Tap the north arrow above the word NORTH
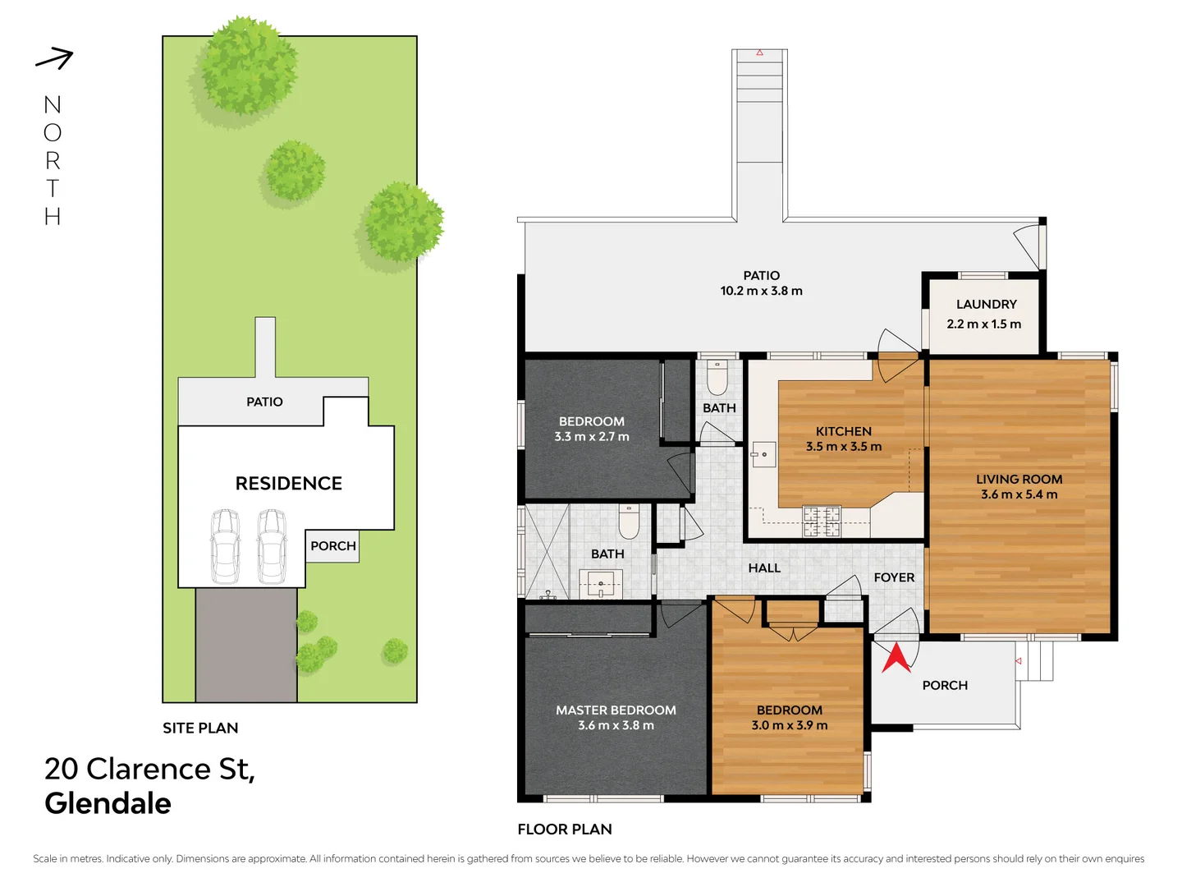pos(54,58)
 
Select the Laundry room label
pos(986,305)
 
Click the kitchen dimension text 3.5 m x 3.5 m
pos(843,447)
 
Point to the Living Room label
pos(1019,479)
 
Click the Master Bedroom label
pos(616,710)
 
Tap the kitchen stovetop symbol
pos(821,522)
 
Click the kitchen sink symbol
pos(763,453)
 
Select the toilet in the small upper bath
pos(717,377)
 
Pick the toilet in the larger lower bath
pos(629,519)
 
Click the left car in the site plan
pos(225,546)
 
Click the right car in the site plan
pos(272,546)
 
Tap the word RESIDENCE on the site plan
pos(288,484)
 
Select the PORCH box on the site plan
pos(332,546)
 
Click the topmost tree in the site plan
pos(246,66)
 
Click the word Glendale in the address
pos(108,803)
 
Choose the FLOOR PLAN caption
pos(565,830)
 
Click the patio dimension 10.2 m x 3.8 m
pos(761,291)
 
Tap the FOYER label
pos(894,577)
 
